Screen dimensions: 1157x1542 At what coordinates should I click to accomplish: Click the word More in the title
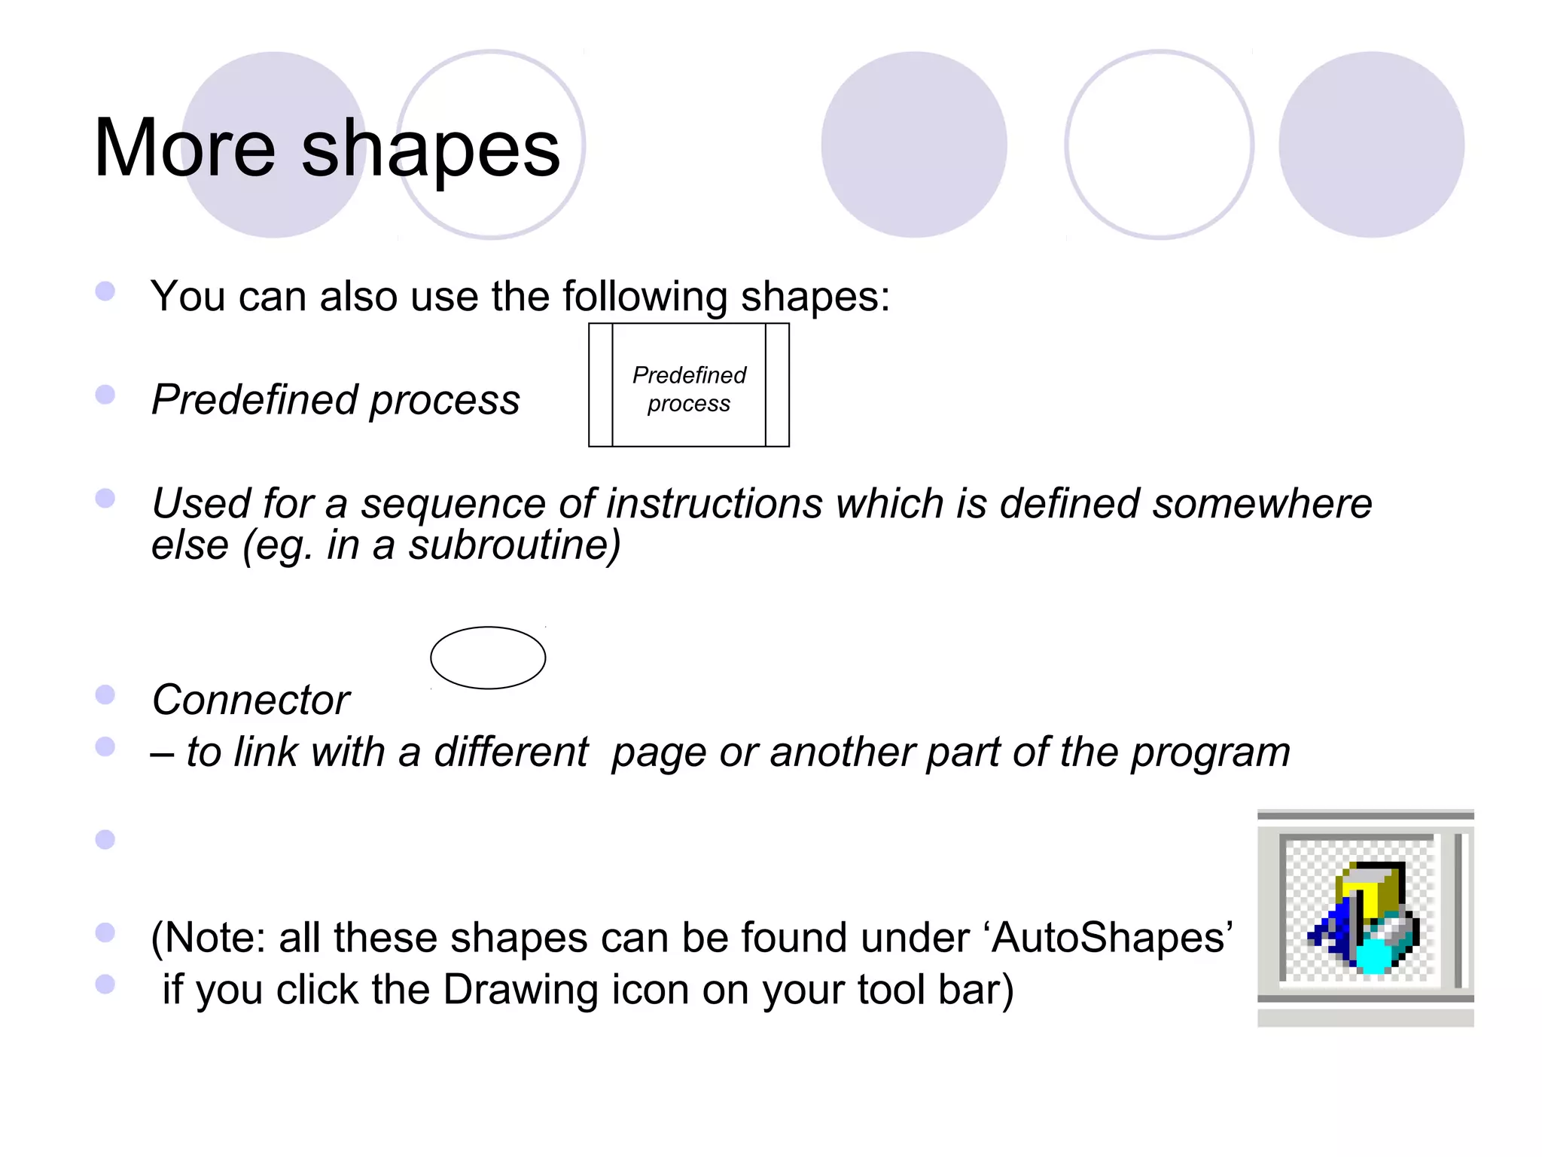184,148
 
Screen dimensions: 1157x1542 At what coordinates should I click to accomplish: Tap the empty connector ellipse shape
488,658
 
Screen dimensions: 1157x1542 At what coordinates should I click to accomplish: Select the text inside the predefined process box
689,389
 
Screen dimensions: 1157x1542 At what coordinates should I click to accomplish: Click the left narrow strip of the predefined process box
601,385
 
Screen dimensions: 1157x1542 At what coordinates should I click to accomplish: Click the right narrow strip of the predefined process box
777,385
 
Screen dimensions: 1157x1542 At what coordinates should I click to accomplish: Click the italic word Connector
251,700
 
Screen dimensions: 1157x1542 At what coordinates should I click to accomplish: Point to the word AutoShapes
1111,939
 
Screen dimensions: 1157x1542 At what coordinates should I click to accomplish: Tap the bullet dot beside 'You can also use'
105,292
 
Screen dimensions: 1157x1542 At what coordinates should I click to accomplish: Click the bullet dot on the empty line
105,839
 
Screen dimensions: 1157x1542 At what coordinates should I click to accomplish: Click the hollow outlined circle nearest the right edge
1159,145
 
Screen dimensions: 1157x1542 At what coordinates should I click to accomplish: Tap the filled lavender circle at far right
1371,145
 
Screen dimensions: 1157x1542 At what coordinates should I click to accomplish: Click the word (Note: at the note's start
208,939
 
